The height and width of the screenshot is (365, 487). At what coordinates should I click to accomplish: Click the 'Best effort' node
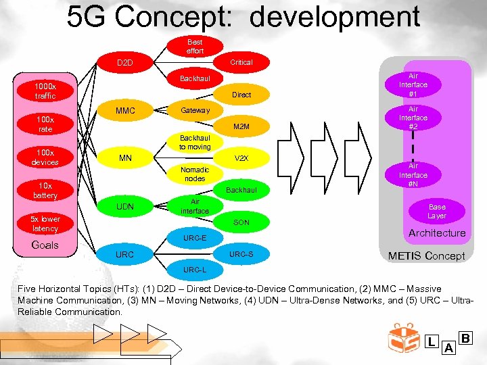point(195,47)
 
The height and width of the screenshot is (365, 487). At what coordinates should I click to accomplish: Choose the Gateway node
point(195,110)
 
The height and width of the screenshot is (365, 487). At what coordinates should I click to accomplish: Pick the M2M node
point(241,126)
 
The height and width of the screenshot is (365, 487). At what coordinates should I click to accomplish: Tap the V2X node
point(241,159)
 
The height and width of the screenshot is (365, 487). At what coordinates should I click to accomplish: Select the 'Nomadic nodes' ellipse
point(195,174)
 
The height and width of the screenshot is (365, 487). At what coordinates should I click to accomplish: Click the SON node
point(241,222)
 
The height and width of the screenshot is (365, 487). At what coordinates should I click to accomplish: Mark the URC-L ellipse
point(195,270)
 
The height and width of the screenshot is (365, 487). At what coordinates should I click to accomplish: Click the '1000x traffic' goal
point(46,91)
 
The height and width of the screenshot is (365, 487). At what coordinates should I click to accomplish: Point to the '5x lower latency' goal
point(46,224)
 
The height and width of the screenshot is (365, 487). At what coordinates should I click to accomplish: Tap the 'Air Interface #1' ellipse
point(413,85)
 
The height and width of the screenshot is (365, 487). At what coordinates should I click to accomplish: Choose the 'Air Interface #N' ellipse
point(413,175)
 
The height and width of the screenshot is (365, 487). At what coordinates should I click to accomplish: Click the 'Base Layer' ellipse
point(437,212)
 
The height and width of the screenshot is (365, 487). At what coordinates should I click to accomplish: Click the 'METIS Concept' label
point(426,256)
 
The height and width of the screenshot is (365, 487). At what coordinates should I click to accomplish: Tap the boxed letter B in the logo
point(465,337)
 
